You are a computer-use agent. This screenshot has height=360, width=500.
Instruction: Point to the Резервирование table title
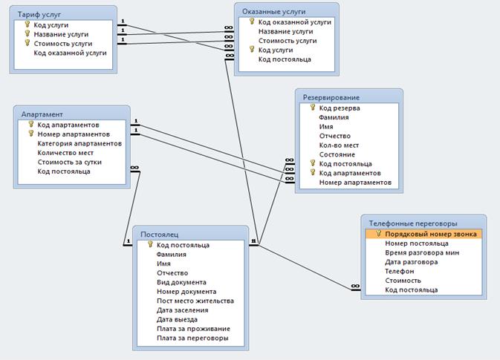tap(331, 97)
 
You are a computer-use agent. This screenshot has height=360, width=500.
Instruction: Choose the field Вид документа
tap(182, 282)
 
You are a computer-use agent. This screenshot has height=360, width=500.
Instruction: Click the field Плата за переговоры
tap(192, 338)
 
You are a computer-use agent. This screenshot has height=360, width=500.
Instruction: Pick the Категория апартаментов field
tap(79, 143)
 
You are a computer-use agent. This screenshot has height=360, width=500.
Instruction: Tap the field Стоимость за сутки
tap(70, 162)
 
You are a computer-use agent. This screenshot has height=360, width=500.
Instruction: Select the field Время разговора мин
tap(422, 252)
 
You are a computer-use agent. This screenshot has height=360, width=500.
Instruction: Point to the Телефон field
tap(399, 271)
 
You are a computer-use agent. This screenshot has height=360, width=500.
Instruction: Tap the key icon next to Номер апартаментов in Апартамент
tap(31, 134)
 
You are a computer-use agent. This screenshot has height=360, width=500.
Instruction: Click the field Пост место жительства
tap(195, 301)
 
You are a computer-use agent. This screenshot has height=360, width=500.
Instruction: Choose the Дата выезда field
tap(177, 319)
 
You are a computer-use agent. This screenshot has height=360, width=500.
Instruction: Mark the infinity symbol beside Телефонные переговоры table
tap(354, 287)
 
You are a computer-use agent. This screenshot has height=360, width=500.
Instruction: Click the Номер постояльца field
tap(417, 243)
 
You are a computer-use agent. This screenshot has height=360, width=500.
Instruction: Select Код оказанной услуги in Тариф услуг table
tap(70, 53)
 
